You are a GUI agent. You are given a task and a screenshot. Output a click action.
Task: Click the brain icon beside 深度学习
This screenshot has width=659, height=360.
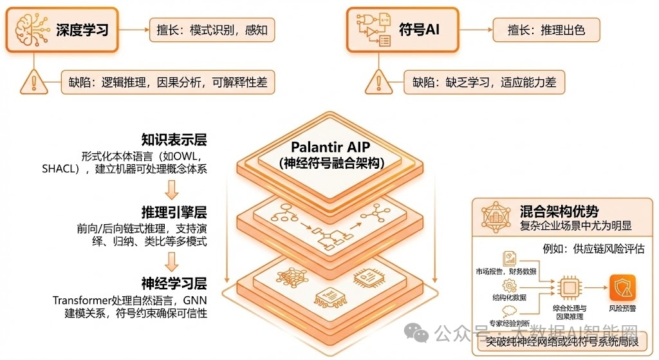pos(32,29)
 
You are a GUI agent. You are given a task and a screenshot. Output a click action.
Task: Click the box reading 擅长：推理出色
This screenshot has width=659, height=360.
pos(546,29)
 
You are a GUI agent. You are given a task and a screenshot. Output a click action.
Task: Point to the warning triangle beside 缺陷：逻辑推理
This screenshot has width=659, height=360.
pos(32,82)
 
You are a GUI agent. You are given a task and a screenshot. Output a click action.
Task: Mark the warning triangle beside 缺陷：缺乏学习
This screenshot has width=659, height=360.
pos(379,82)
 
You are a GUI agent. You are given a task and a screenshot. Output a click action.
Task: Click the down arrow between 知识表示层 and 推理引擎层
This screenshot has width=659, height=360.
pos(171,189)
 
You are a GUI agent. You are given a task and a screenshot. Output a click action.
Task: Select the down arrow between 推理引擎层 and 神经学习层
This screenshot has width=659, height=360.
pos(171,261)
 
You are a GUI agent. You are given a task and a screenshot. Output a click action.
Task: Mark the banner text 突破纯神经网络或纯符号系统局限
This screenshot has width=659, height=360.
pos(561,341)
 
